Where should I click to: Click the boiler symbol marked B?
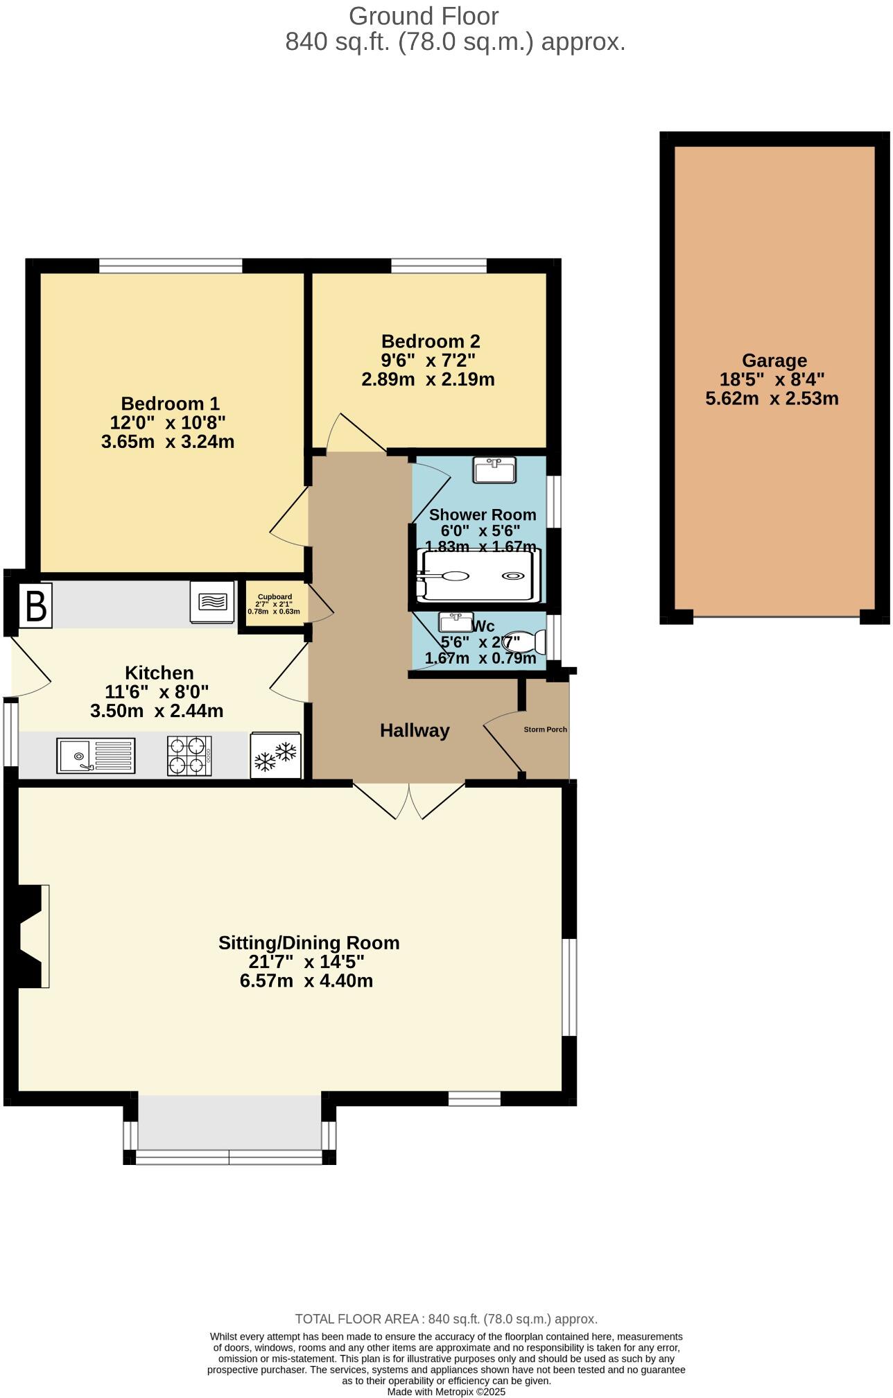pos(35,606)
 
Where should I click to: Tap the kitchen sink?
pos(96,755)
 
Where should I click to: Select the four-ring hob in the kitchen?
pos(189,755)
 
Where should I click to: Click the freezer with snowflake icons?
pos(275,756)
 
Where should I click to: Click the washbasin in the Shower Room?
pos(494,470)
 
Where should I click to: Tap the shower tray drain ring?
pos(514,576)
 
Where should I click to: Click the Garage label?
pos(774,361)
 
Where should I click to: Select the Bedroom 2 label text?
pos(431,341)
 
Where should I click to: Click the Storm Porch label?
pos(545,730)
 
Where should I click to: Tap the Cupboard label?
pos(275,596)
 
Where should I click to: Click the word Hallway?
pos(415,730)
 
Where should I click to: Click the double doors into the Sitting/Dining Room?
pos(409,802)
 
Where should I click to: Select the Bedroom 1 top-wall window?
pos(171,265)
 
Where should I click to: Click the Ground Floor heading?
pos(423,15)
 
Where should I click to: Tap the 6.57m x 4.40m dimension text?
pos(306,981)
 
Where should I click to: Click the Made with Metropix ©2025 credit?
pos(446,1391)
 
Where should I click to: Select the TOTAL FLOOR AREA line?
pos(446,1319)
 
